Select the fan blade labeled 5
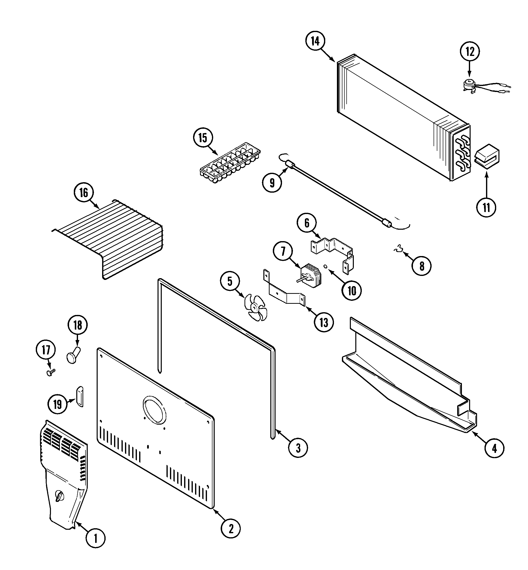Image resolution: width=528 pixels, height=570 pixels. (x=255, y=307)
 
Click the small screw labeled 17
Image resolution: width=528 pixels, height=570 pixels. (x=51, y=372)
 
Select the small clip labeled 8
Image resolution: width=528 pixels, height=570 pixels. (x=398, y=250)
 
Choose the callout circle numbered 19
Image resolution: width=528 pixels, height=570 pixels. (x=57, y=404)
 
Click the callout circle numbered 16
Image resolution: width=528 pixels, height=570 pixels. (x=83, y=193)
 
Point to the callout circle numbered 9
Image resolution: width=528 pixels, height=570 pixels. (x=272, y=182)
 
